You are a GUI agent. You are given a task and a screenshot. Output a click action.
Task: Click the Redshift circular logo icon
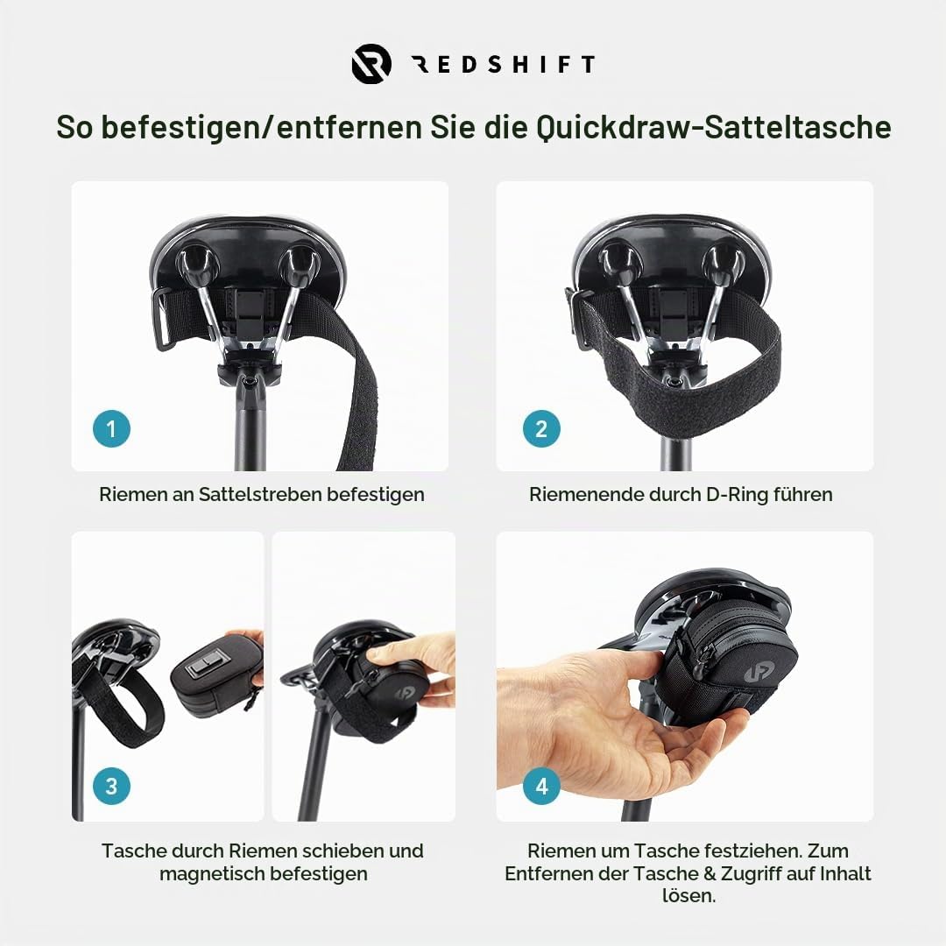coord(371,63)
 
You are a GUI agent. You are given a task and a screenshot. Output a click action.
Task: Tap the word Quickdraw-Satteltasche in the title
coord(714,127)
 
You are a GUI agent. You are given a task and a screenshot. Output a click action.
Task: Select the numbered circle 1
coord(111,429)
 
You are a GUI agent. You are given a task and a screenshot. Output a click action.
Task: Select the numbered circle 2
coord(541,429)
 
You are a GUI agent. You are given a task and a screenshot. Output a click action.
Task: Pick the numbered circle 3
coord(111,786)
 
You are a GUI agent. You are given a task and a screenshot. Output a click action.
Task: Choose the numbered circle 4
coord(541,786)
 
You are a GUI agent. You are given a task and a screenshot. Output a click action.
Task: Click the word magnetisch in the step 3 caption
coord(212,873)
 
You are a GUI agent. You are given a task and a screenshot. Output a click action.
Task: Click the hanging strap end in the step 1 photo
coord(355,410)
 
